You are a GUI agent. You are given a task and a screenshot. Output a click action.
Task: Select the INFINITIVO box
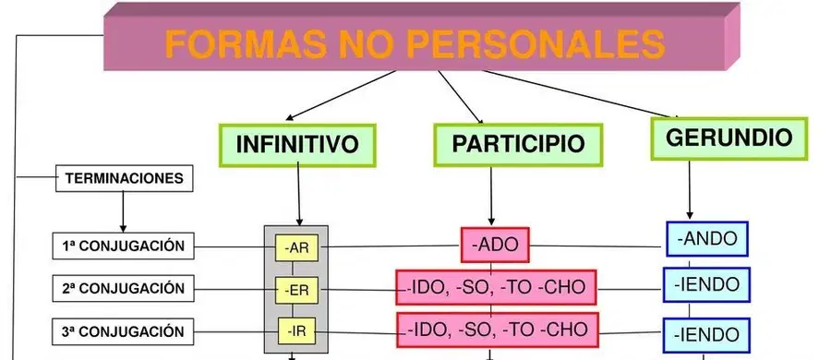pos(297,145)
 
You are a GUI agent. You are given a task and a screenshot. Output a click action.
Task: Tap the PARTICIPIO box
pos(518,145)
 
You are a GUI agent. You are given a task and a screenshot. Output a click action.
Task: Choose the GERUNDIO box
pos(729,138)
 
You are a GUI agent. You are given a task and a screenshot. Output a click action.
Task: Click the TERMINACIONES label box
pos(125,178)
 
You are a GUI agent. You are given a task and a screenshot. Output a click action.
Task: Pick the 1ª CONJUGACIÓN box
pos(124,246)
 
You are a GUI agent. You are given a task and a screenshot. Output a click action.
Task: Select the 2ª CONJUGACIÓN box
pos(124,288)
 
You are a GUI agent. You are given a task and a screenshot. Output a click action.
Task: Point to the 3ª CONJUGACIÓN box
pos(124,331)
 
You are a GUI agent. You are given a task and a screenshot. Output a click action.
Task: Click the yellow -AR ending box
pos(296,247)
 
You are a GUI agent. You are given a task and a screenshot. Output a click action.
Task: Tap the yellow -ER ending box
pos(296,290)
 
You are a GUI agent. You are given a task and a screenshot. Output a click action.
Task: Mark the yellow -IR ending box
pos(296,332)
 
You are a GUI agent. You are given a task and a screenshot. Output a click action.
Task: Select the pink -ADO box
pos(495,245)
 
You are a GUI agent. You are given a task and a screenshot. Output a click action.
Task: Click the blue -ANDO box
pos(707,238)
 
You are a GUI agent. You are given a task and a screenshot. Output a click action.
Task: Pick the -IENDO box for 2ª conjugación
pos(706,284)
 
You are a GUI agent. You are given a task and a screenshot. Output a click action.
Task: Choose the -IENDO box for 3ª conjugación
pos(706,335)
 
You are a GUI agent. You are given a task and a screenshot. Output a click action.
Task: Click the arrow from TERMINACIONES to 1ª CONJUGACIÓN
pos(123,211)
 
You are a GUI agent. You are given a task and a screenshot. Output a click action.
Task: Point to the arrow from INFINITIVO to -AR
pos(298,194)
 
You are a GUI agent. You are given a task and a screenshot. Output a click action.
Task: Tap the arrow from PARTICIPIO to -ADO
pos(491,196)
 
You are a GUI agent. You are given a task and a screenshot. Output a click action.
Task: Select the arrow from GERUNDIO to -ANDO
pos(690,190)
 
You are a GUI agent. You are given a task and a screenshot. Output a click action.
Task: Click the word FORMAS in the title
pos(247,44)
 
